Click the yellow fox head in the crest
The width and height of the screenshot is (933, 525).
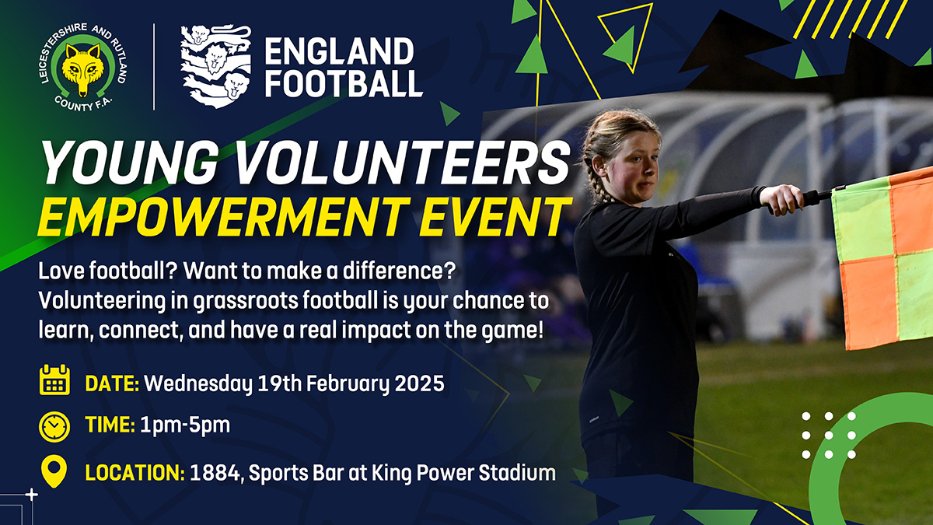tap(83, 68)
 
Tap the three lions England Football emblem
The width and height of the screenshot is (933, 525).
tap(216, 67)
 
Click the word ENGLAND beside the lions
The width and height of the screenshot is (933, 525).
tap(339, 51)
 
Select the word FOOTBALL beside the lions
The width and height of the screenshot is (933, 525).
tap(344, 83)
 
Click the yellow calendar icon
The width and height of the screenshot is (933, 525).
tap(54, 380)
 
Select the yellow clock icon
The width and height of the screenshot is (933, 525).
tap(54, 427)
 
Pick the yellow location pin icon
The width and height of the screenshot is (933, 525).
tap(54, 471)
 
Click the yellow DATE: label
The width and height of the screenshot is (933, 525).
tap(112, 383)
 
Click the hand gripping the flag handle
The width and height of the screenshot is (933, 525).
tap(781, 199)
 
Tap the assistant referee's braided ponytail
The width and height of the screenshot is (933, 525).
tap(596, 184)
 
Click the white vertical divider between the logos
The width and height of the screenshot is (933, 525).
tap(154, 67)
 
